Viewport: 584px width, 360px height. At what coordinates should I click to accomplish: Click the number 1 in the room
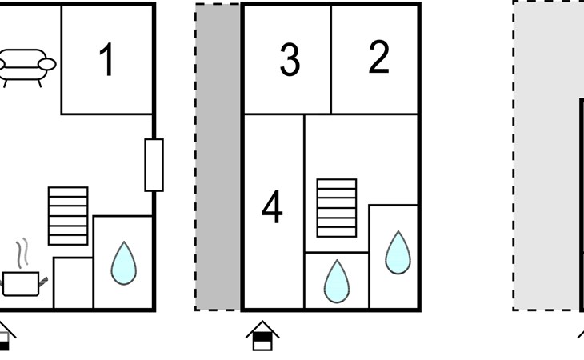[106, 61]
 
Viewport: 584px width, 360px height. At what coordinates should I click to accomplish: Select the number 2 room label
[378, 58]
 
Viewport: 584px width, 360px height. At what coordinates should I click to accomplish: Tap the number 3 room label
[290, 61]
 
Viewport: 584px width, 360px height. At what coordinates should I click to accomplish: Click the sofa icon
[26, 66]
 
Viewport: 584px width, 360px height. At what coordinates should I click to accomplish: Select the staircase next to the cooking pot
[68, 215]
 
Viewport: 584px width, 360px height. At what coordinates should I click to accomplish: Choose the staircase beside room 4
[336, 208]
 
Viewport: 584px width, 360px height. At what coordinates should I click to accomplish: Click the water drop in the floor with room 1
[123, 263]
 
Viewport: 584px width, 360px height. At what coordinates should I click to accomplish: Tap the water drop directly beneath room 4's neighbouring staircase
[337, 281]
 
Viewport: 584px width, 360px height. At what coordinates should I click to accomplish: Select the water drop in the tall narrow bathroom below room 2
[398, 252]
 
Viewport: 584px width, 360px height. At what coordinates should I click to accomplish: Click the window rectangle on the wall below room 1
[154, 165]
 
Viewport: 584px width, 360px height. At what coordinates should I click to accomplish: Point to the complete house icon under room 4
[262, 335]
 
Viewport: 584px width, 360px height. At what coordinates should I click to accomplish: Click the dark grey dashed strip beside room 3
[218, 157]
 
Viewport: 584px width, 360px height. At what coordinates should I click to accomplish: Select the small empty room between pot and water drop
[73, 283]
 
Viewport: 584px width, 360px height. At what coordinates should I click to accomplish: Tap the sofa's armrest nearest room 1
[48, 64]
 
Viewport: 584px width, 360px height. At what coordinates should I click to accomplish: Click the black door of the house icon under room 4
[262, 342]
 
